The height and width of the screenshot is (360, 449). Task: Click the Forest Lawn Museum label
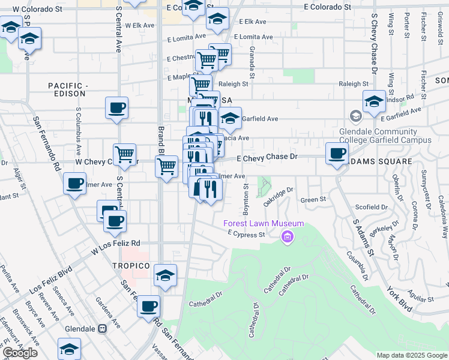click(x=264, y=224)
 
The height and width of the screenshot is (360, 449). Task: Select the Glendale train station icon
click(x=102, y=329)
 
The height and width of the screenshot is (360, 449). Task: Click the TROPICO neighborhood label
click(x=130, y=265)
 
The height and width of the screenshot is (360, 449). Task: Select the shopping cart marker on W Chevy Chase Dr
click(x=124, y=154)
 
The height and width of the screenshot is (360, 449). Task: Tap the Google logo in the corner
click(x=19, y=353)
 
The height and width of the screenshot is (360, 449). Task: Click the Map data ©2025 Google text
click(x=411, y=355)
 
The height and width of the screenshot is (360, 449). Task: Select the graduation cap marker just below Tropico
click(x=165, y=275)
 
